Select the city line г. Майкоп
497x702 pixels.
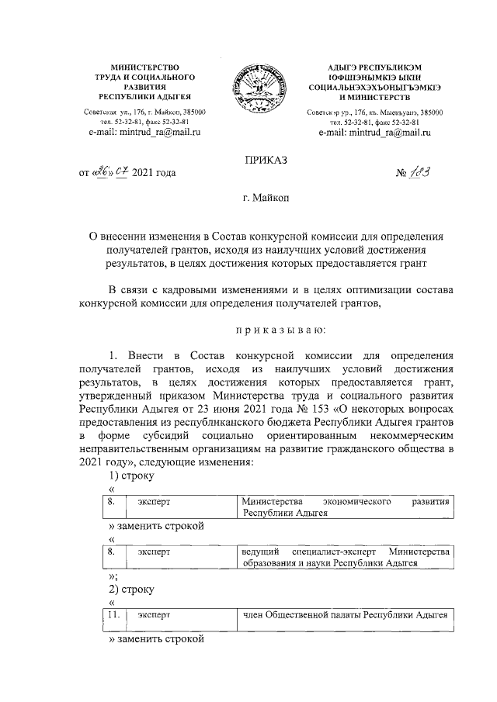(x=266, y=199)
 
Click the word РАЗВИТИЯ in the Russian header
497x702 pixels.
(x=145, y=88)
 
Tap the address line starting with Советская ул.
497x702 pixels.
(x=145, y=112)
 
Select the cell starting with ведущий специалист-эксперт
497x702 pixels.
(x=345, y=558)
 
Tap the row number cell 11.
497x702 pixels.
(x=113, y=615)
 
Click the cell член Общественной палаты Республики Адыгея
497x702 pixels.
(x=345, y=615)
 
